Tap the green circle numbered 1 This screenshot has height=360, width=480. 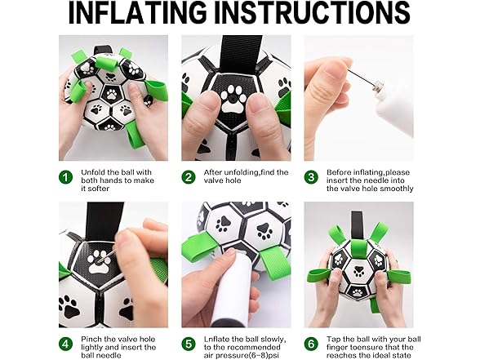pos(65,176)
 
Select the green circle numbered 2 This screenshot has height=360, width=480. pos(189,176)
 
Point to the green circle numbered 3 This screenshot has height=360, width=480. pos(310,176)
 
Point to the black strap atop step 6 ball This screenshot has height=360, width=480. pos(358,222)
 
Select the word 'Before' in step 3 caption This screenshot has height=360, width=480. pos(340,172)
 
